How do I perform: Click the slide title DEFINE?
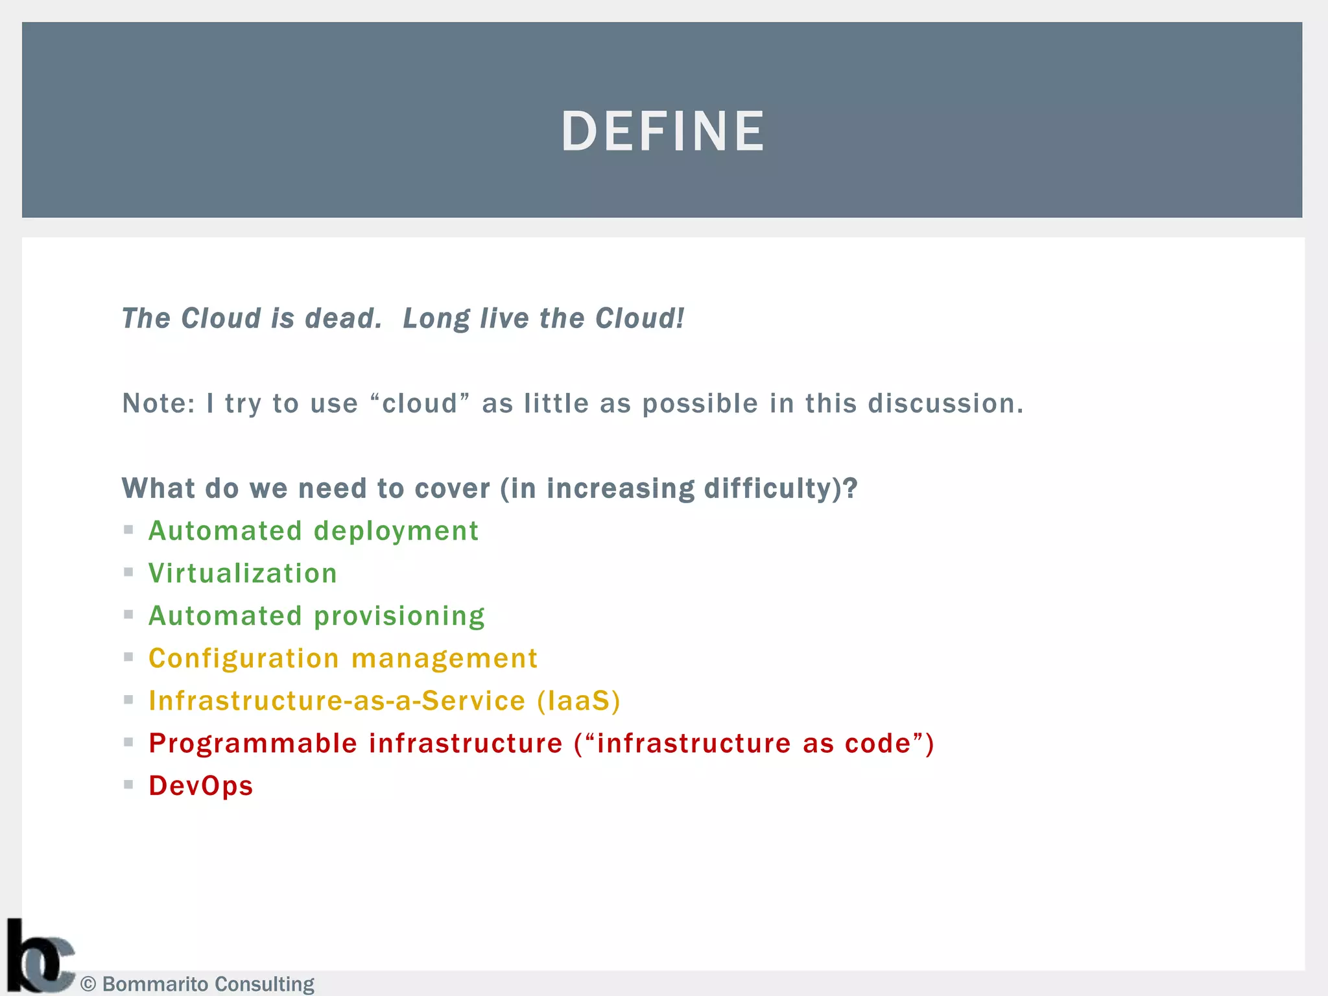pyautogui.click(x=663, y=132)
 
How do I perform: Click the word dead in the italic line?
pyautogui.click(x=342, y=318)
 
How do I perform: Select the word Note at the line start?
pyautogui.click(x=158, y=404)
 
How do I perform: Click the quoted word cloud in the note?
pyautogui.click(x=420, y=404)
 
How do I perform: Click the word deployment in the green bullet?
pyautogui.click(x=396, y=532)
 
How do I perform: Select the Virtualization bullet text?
pyautogui.click(x=243, y=574)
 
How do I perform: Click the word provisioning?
pyautogui.click(x=399, y=617)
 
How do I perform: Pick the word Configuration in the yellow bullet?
pyautogui.click(x=244, y=659)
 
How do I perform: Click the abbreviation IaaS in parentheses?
pyautogui.click(x=579, y=701)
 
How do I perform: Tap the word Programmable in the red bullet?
pyautogui.click(x=253, y=744)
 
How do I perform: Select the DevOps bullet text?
pyautogui.click(x=200, y=786)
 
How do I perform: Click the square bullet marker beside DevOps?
pyautogui.click(x=128, y=785)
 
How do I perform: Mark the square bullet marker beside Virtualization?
pyautogui.click(x=128, y=572)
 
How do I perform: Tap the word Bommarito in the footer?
pyautogui.click(x=156, y=984)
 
